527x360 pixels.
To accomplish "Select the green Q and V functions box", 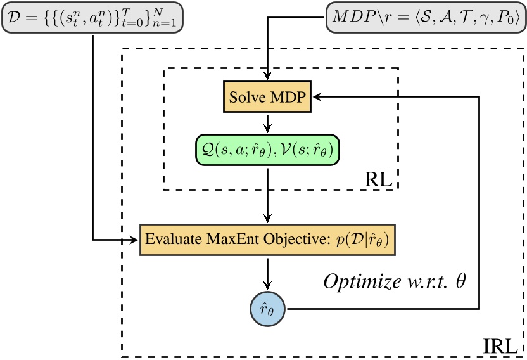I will [267, 149].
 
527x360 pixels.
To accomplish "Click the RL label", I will [379, 179].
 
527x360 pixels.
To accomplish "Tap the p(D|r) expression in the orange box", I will [363, 240].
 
